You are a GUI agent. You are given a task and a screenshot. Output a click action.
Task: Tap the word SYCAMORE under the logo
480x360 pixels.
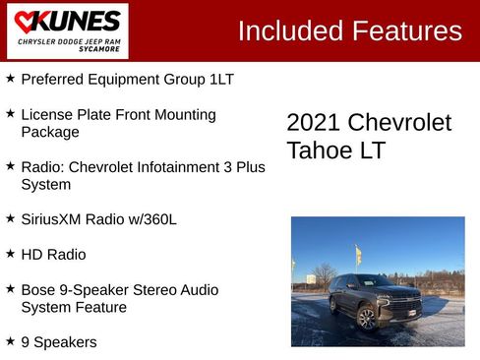[x=105, y=47]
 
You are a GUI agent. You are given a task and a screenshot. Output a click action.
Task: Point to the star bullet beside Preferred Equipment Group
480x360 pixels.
[x=10, y=78]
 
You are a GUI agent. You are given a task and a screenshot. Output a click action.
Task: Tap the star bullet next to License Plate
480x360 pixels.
[x=10, y=114]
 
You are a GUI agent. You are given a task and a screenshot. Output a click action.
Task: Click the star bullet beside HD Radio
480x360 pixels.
[x=10, y=254]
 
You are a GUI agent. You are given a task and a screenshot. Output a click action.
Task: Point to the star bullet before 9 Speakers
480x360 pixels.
[x=10, y=341]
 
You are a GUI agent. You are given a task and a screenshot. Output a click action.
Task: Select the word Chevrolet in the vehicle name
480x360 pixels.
[x=400, y=123]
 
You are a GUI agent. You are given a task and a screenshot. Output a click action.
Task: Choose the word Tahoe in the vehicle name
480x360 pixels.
[x=317, y=151]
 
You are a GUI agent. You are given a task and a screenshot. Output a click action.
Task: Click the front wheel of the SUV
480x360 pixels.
[x=367, y=319]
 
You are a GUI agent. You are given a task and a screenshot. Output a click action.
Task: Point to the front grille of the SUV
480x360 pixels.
[x=405, y=302]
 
